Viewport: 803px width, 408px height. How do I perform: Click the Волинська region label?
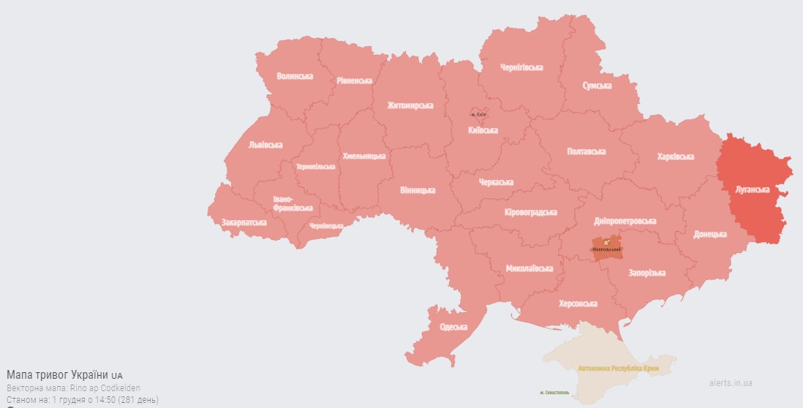tap(295, 76)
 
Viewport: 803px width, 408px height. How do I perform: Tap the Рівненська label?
tap(355, 80)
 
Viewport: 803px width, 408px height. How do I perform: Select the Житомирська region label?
tap(410, 105)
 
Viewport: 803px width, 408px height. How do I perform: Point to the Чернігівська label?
tap(521, 67)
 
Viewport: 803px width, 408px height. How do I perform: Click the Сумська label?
tap(597, 86)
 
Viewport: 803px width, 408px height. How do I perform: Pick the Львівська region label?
tap(265, 145)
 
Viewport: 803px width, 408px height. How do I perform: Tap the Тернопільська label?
tap(316, 167)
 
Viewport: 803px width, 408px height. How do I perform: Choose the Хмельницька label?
tap(363, 156)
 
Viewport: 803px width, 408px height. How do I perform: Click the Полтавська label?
tap(587, 151)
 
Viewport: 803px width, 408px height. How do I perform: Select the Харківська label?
tap(675, 156)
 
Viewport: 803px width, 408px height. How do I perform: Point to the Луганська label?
tap(753, 190)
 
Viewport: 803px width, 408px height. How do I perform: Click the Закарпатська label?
tap(244, 222)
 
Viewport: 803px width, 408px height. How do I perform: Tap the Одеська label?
tap(453, 327)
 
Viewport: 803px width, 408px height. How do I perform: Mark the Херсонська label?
tap(578, 303)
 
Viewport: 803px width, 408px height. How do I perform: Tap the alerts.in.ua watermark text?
tap(730, 382)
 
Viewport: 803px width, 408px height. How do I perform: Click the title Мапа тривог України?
tap(59, 374)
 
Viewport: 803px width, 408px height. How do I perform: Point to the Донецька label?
tap(710, 234)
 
